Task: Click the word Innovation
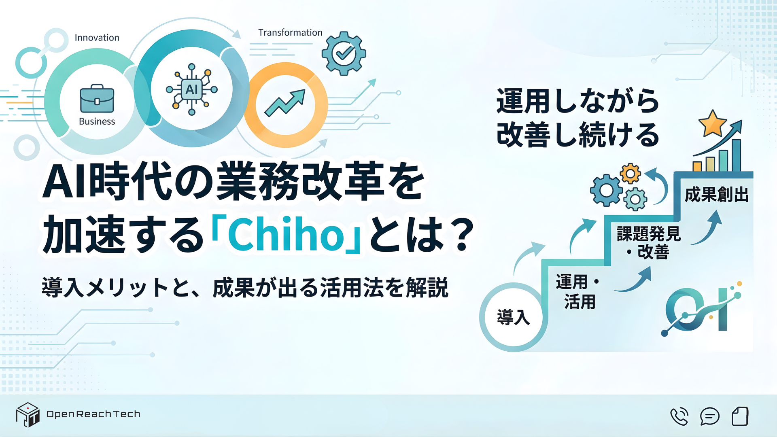[x=97, y=38]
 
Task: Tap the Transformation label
[x=290, y=32]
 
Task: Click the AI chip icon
[x=191, y=89]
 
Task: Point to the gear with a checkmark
[x=344, y=53]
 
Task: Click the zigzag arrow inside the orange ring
[x=285, y=103]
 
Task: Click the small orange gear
[x=630, y=174]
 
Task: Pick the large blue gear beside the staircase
[x=606, y=190]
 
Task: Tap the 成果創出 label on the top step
[x=716, y=195]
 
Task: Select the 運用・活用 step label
[x=578, y=291]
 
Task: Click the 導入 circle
[x=513, y=317]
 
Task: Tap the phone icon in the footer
[x=679, y=416]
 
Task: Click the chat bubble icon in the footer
[x=709, y=416]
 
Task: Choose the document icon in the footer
[x=740, y=416]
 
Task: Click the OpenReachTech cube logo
[x=28, y=415]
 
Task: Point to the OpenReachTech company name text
[x=93, y=414]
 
